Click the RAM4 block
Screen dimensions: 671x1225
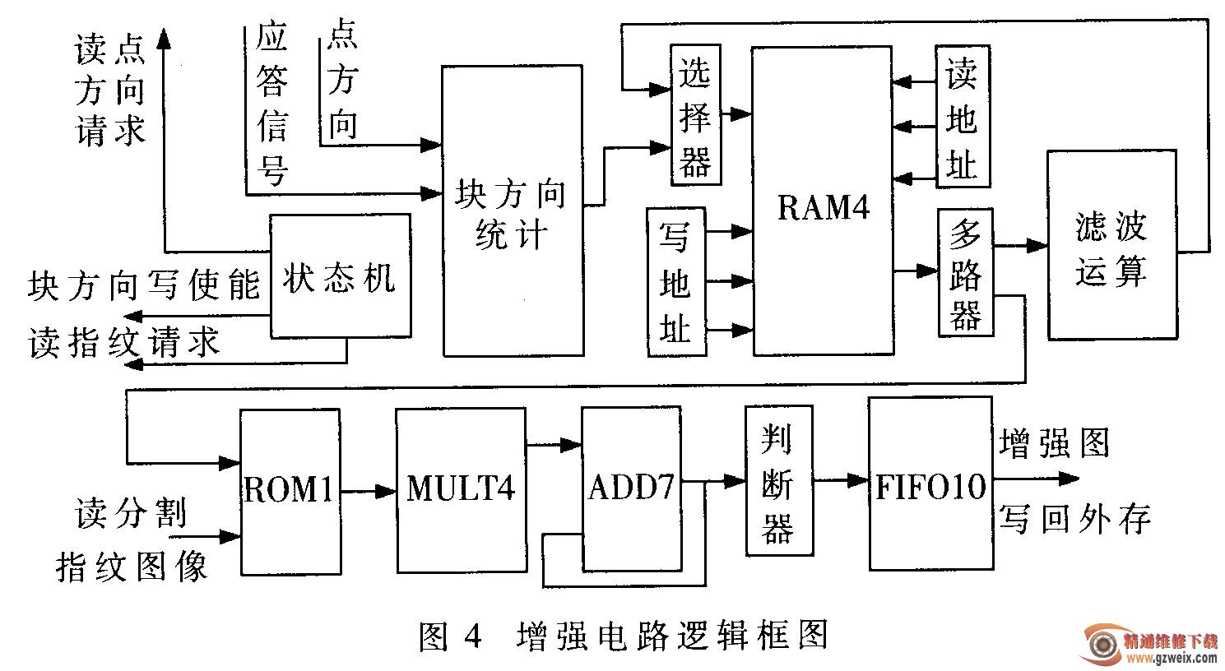click(823, 201)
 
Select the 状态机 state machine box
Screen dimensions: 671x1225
click(340, 275)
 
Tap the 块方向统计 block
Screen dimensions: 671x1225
click(512, 211)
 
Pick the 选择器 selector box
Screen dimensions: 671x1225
click(695, 115)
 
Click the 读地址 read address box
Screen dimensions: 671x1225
click(962, 118)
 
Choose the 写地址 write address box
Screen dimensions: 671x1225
click(676, 282)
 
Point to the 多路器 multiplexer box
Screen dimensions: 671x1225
click(965, 272)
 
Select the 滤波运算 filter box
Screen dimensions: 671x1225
click(1111, 245)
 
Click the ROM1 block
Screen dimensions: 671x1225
click(290, 491)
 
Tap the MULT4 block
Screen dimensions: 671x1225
click(461, 489)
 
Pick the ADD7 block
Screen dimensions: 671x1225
click(631, 488)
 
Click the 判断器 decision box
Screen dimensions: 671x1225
click(777, 479)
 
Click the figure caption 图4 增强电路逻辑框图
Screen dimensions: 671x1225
click(623, 635)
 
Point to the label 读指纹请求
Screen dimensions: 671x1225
click(125, 344)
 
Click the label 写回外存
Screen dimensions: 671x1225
click(1074, 519)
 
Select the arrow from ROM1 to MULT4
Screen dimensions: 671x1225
click(368, 492)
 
